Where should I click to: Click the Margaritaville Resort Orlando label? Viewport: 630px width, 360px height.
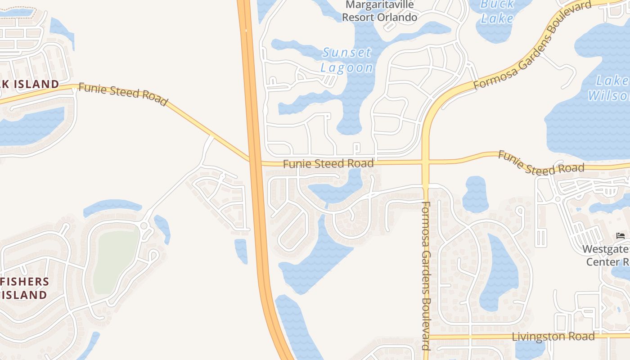click(380, 12)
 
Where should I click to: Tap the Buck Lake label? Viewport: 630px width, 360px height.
click(497, 11)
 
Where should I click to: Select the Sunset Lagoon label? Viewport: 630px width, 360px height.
click(347, 60)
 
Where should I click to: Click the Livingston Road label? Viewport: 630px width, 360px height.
click(553, 337)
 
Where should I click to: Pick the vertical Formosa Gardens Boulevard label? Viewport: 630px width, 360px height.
click(426, 275)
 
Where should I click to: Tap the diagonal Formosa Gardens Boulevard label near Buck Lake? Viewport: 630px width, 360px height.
click(532, 45)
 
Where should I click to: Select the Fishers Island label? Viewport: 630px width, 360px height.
click(25, 288)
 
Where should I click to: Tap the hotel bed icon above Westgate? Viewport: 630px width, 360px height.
click(621, 236)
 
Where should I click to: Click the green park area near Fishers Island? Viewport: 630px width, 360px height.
click(116, 255)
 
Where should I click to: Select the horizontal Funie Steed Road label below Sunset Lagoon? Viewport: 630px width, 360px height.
click(328, 164)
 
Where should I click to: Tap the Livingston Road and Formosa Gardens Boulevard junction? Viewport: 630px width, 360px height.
click(427, 337)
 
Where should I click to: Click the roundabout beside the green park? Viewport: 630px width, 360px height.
click(145, 226)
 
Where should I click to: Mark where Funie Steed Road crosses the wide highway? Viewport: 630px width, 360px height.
click(255, 161)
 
